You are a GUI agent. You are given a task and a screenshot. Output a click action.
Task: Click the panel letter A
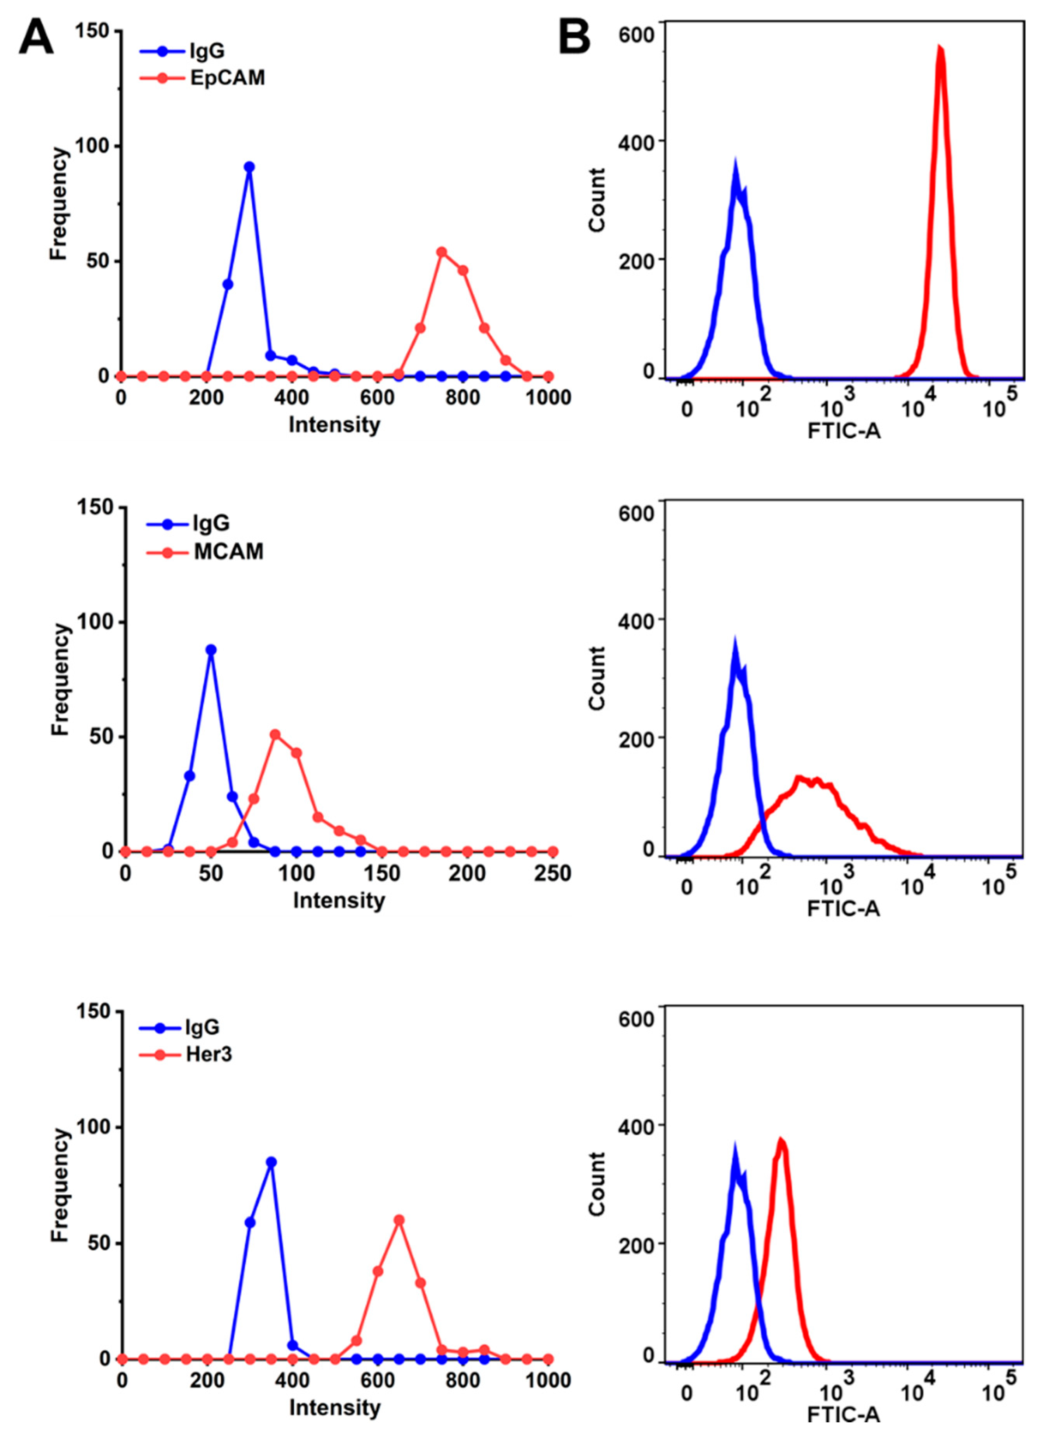pyautogui.click(x=36, y=38)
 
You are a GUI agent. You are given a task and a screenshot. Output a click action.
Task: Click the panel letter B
pyautogui.click(x=574, y=38)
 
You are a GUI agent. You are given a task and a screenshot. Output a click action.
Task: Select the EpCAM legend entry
pyautogui.click(x=227, y=78)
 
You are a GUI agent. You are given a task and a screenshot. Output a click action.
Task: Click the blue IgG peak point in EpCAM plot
pyautogui.click(x=249, y=167)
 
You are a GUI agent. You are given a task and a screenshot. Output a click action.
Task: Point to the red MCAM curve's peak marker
pyautogui.click(x=275, y=734)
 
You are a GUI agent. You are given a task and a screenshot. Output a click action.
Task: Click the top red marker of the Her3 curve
pyautogui.click(x=399, y=1220)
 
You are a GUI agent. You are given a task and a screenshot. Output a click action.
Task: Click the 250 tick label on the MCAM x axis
pyautogui.click(x=552, y=874)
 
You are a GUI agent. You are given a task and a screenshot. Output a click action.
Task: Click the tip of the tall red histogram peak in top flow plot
pyautogui.click(x=940, y=48)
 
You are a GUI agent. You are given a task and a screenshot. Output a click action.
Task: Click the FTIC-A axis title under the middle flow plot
pyautogui.click(x=843, y=909)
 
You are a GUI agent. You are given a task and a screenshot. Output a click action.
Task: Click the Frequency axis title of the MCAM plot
pyautogui.click(x=59, y=679)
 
